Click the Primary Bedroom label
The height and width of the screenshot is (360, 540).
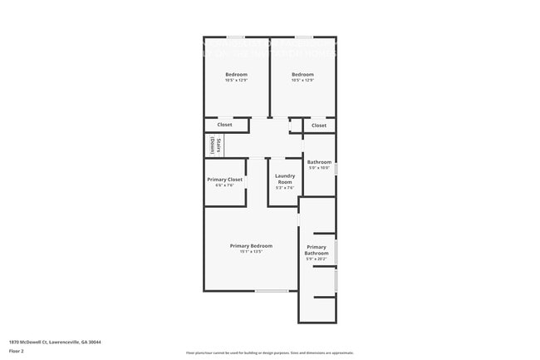click(x=251, y=245)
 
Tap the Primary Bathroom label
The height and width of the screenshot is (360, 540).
click(x=317, y=250)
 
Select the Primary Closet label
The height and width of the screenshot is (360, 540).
click(x=224, y=180)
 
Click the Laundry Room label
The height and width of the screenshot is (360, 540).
click(x=285, y=178)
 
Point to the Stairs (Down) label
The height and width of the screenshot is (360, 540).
click(x=214, y=145)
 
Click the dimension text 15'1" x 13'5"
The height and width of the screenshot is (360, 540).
click(x=251, y=252)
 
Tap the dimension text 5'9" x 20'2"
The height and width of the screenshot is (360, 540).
click(x=317, y=259)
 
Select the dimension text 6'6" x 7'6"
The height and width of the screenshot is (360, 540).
click(x=224, y=185)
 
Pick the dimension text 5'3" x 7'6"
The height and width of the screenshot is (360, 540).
click(x=285, y=188)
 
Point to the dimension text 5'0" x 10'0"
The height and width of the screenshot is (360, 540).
click(x=319, y=168)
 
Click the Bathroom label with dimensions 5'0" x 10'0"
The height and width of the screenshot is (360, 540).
click(x=319, y=162)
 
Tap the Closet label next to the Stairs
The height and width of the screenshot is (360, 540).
click(x=224, y=126)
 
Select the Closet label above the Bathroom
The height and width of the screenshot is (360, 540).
click(x=319, y=126)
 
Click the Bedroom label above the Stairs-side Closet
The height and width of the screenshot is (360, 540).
click(x=236, y=75)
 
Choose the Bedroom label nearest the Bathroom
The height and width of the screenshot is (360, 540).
click(x=302, y=75)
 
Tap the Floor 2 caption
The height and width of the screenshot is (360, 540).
click(x=17, y=352)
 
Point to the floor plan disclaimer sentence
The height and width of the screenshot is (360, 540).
click(x=269, y=353)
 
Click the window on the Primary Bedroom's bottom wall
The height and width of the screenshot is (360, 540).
click(x=272, y=290)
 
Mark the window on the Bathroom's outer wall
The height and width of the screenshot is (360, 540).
click(x=336, y=169)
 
